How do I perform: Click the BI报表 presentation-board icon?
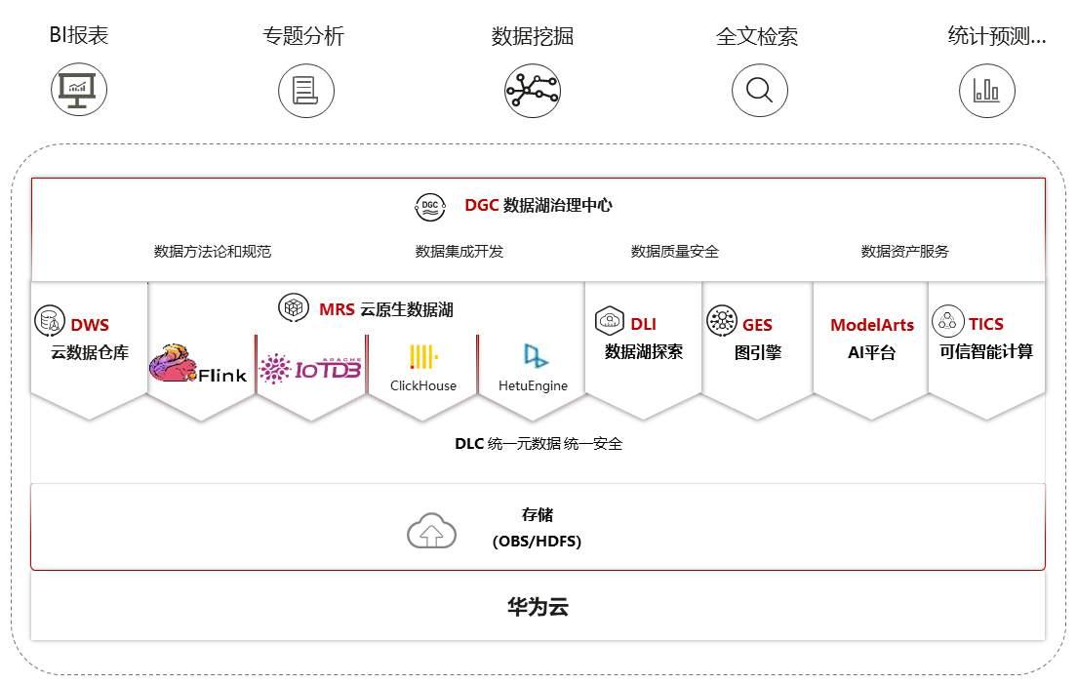(x=79, y=90)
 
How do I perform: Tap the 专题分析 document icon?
(x=305, y=91)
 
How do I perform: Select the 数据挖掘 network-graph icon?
(x=533, y=91)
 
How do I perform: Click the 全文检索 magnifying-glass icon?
(x=759, y=91)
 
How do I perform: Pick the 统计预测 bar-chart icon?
(x=986, y=91)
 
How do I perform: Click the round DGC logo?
(x=430, y=206)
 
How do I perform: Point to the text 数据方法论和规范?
(x=213, y=252)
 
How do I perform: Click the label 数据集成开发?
(x=459, y=252)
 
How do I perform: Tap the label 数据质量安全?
(x=675, y=252)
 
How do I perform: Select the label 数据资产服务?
(x=904, y=252)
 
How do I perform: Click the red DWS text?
(x=90, y=325)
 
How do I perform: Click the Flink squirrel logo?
(x=174, y=363)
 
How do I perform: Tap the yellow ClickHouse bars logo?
(x=423, y=356)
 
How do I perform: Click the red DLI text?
(x=643, y=324)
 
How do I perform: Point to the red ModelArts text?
(x=872, y=325)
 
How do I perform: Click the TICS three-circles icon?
(x=947, y=320)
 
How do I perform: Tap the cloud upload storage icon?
(x=431, y=531)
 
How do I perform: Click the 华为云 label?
(x=538, y=607)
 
